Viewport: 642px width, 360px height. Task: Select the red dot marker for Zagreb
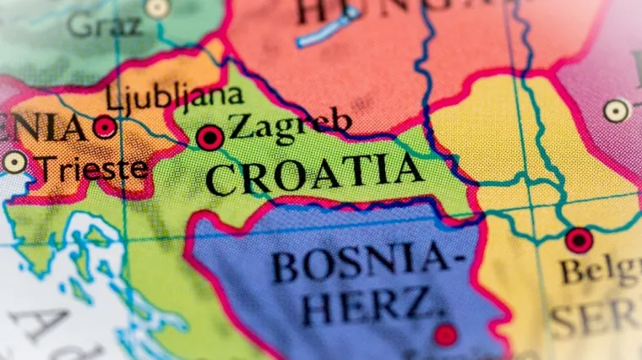210,137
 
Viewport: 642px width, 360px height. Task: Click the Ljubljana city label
174,98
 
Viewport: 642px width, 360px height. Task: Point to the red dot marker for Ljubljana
105,128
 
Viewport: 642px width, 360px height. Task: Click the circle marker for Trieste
14,162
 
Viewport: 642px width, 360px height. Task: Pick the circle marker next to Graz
157,8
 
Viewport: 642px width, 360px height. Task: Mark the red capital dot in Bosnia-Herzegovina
445,335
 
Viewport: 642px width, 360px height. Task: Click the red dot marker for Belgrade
579,240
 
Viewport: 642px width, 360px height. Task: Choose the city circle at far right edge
617,111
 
